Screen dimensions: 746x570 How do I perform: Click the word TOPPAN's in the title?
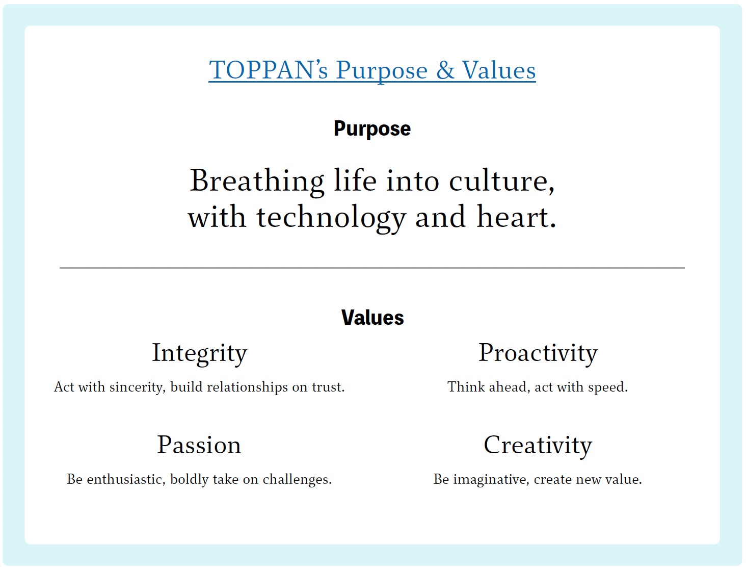point(269,70)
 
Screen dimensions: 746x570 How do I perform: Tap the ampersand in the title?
point(445,70)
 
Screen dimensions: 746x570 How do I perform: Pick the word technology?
point(331,218)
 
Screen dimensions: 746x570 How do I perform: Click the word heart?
point(516,217)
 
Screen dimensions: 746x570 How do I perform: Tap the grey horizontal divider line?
point(372,268)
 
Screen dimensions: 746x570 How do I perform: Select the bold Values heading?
point(372,318)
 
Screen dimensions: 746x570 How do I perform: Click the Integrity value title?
point(200,354)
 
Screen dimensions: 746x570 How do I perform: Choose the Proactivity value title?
point(538,354)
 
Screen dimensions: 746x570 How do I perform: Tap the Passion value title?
point(199,445)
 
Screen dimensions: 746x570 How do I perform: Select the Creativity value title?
point(538,446)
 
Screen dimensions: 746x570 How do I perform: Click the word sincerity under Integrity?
point(138,387)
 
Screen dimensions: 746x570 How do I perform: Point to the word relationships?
point(248,387)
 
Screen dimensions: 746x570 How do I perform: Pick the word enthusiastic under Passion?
point(126,479)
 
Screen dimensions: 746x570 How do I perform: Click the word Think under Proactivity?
point(466,387)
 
